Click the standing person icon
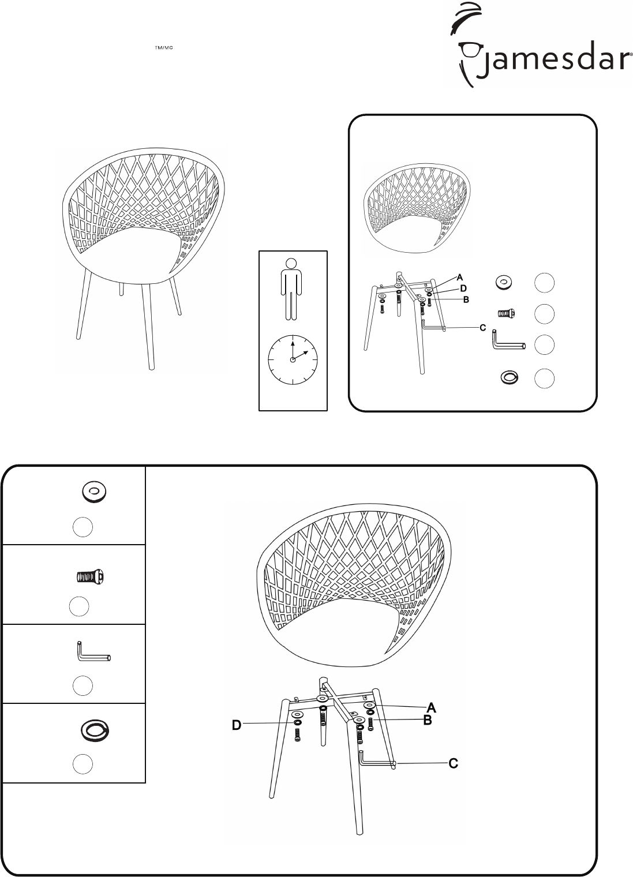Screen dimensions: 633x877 [x=291, y=289]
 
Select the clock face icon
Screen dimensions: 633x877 [x=293, y=359]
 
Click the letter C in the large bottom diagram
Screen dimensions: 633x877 [x=454, y=763]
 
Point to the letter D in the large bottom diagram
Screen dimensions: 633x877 [x=237, y=725]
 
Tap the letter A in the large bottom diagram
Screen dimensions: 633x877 [x=431, y=707]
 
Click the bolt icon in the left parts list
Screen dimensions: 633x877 [x=89, y=577]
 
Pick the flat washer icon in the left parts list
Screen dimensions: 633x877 [x=94, y=492]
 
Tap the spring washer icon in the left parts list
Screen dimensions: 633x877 [x=94, y=730]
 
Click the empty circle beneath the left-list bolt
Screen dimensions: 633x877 [x=79, y=606]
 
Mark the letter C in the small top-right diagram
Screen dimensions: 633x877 [x=482, y=328]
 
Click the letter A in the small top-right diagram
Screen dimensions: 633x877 [x=460, y=278]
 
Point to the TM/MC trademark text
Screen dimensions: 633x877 [x=164, y=48]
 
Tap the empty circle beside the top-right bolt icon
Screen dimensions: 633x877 [x=544, y=314]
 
